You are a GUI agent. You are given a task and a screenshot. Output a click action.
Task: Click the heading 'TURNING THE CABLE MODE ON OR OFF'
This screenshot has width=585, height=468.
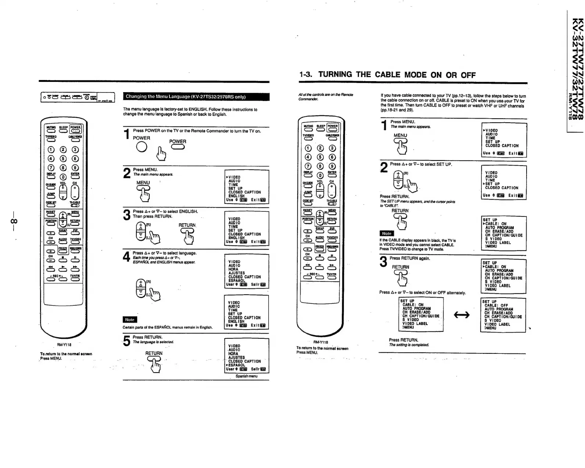click(x=397, y=75)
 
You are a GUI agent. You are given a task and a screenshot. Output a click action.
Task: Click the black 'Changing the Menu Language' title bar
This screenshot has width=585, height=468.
click(x=196, y=97)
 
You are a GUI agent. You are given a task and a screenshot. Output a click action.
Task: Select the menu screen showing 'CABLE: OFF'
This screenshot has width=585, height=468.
click(x=503, y=315)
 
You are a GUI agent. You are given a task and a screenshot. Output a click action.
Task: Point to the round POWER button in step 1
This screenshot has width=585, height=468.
click(x=141, y=146)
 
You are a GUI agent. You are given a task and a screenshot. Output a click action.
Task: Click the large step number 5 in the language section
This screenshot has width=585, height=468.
click(x=126, y=341)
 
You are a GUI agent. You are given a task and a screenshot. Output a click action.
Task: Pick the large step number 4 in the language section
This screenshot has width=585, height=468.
click(x=126, y=257)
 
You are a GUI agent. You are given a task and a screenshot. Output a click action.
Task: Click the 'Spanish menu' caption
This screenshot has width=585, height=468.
click(x=246, y=376)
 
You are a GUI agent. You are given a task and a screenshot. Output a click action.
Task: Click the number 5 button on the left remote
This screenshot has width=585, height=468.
click(x=63, y=159)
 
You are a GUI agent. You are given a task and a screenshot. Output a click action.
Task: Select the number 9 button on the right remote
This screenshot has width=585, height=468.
click(x=332, y=166)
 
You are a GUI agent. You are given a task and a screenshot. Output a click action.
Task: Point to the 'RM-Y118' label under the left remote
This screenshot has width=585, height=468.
click(x=64, y=345)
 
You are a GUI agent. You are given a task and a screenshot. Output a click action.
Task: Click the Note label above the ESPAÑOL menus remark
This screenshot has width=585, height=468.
click(x=130, y=320)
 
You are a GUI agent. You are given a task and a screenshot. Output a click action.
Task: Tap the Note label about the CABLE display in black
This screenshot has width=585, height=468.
click(x=387, y=233)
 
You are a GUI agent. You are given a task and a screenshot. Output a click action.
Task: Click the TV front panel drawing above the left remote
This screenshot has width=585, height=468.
click(x=73, y=97)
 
